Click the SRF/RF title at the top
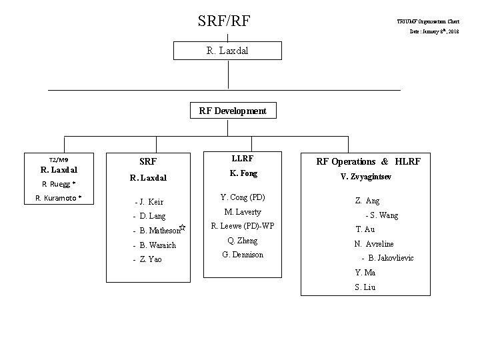(228, 21)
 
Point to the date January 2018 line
(434, 31)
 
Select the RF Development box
(233, 111)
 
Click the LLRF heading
(242, 159)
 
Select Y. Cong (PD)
(243, 197)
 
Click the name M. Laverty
(243, 212)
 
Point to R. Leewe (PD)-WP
(243, 226)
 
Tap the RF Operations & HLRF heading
(369, 161)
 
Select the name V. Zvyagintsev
(369, 177)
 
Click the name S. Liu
(365, 287)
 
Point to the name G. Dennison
(243, 255)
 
